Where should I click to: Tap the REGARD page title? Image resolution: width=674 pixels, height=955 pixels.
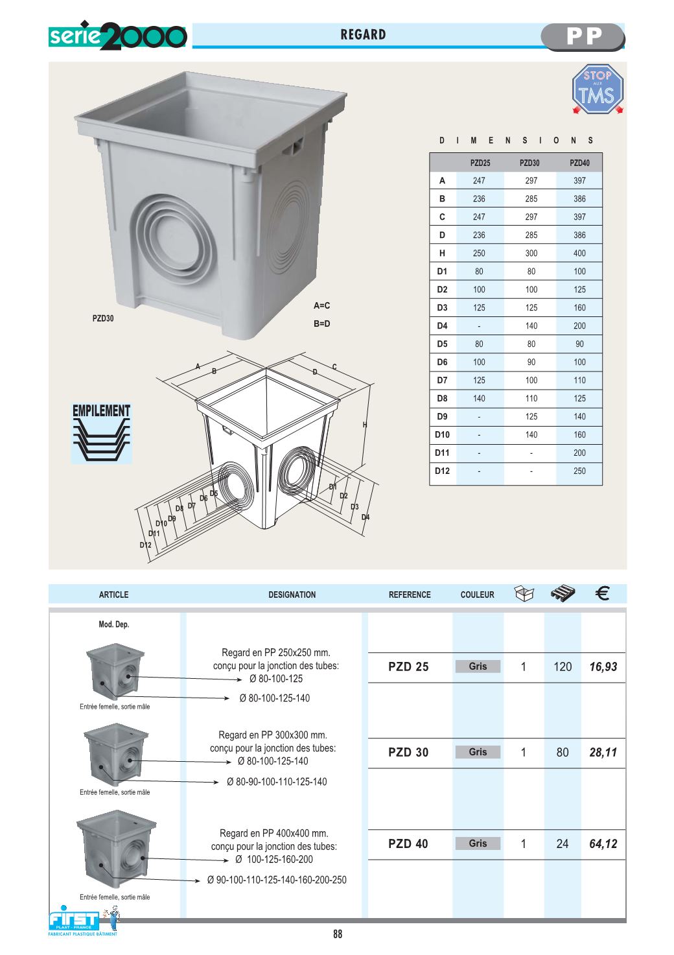(363, 35)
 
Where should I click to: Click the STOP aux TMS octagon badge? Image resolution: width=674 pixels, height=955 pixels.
(597, 90)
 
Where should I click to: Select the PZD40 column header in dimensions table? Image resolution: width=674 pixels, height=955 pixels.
(579, 163)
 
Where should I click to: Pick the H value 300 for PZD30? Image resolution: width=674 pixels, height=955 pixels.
(531, 253)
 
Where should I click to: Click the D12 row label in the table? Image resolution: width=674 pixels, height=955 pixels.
(442, 471)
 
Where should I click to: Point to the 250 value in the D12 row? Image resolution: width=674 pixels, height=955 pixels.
(579, 471)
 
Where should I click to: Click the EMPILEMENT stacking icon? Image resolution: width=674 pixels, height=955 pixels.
(101, 433)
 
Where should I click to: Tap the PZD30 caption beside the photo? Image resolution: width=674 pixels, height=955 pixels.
(103, 318)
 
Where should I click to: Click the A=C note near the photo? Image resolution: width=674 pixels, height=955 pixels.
(321, 305)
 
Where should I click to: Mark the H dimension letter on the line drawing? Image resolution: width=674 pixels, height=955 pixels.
(365, 425)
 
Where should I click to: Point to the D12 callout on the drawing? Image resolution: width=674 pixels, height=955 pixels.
(145, 545)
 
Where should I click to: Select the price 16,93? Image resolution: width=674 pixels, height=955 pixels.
(603, 667)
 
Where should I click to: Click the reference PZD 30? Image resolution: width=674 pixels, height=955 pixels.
(408, 753)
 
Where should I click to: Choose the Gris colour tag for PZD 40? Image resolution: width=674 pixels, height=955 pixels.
(478, 843)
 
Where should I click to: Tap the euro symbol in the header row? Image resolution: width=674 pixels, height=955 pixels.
(602, 593)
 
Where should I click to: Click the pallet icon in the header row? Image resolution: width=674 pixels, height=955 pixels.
(562, 593)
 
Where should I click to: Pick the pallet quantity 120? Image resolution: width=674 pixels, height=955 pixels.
(563, 667)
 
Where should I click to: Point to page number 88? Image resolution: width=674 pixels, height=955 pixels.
(338, 934)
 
